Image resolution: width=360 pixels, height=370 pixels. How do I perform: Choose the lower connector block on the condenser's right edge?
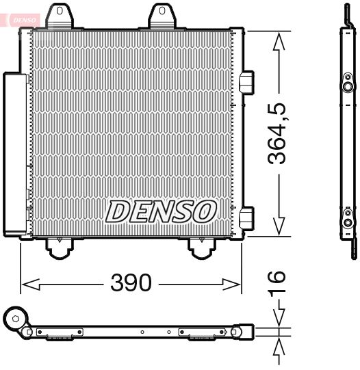click(x=247, y=216)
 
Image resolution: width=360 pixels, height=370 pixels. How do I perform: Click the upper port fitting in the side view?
click(x=349, y=87)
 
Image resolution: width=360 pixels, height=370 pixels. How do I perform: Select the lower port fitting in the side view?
click(x=349, y=222)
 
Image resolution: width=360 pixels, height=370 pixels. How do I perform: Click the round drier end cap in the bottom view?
click(x=14, y=318)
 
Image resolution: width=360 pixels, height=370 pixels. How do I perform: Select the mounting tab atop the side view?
click(x=346, y=15)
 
